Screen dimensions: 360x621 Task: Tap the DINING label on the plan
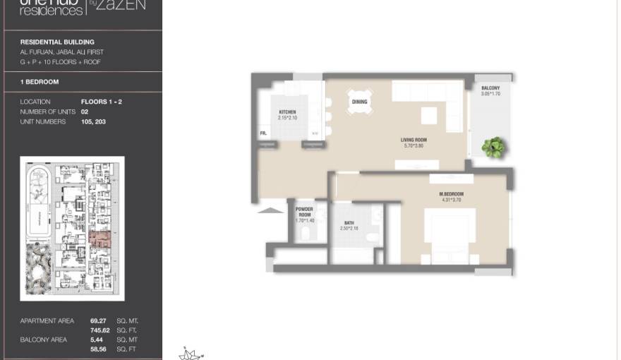359,102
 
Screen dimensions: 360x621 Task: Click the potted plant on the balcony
493,147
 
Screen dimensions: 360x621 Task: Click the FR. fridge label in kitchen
263,133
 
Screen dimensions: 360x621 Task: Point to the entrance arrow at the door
267,209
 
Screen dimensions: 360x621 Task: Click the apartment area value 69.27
98,321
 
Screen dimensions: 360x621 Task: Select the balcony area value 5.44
97,340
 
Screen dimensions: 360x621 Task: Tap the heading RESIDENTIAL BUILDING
57,42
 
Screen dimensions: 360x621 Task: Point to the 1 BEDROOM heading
40,82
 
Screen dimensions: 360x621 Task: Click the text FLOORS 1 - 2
102,102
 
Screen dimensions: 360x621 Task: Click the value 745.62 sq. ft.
100,330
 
